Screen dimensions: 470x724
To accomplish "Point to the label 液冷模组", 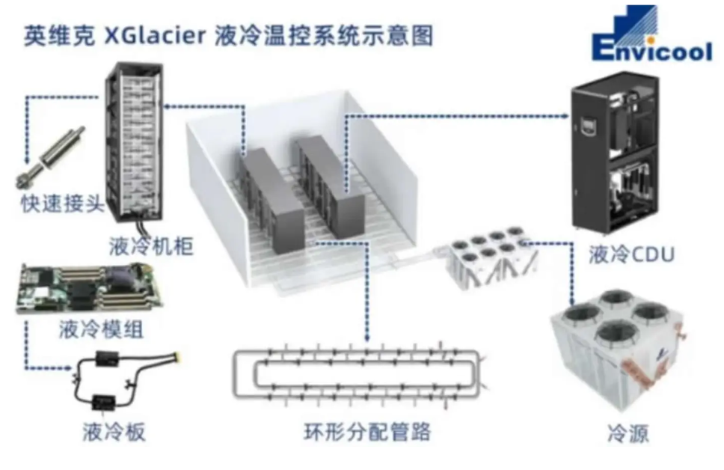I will click(101, 329).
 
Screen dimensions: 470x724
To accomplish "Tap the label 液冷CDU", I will click(629, 254).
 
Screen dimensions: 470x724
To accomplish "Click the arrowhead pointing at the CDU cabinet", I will click(566, 116).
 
